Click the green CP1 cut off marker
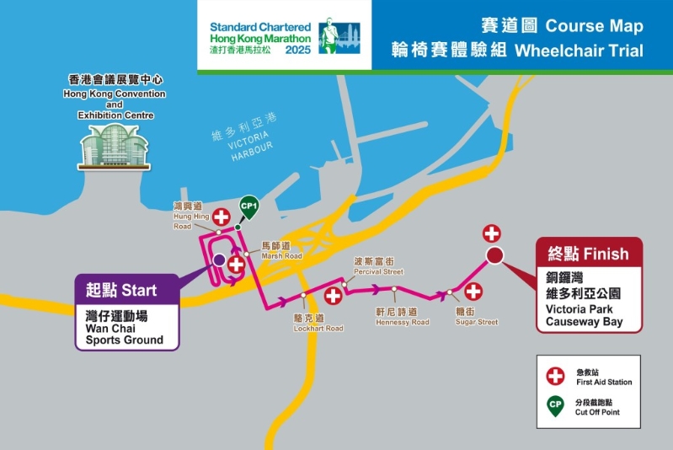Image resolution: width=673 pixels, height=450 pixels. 248,206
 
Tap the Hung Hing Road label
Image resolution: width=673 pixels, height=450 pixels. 188,216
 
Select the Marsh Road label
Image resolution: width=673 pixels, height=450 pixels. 280,251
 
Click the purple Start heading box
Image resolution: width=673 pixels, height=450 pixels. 126,290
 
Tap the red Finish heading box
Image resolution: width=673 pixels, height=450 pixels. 590,253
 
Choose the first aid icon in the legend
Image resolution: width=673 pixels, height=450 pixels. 556,377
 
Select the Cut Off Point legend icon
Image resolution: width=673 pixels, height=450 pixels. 556,404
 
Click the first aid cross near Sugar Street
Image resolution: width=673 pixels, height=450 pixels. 473,292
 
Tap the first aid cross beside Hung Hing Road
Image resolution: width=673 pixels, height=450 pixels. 221,217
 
